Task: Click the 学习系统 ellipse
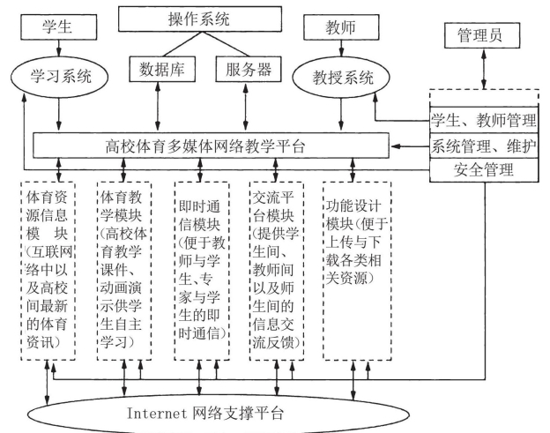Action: click(59, 71)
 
